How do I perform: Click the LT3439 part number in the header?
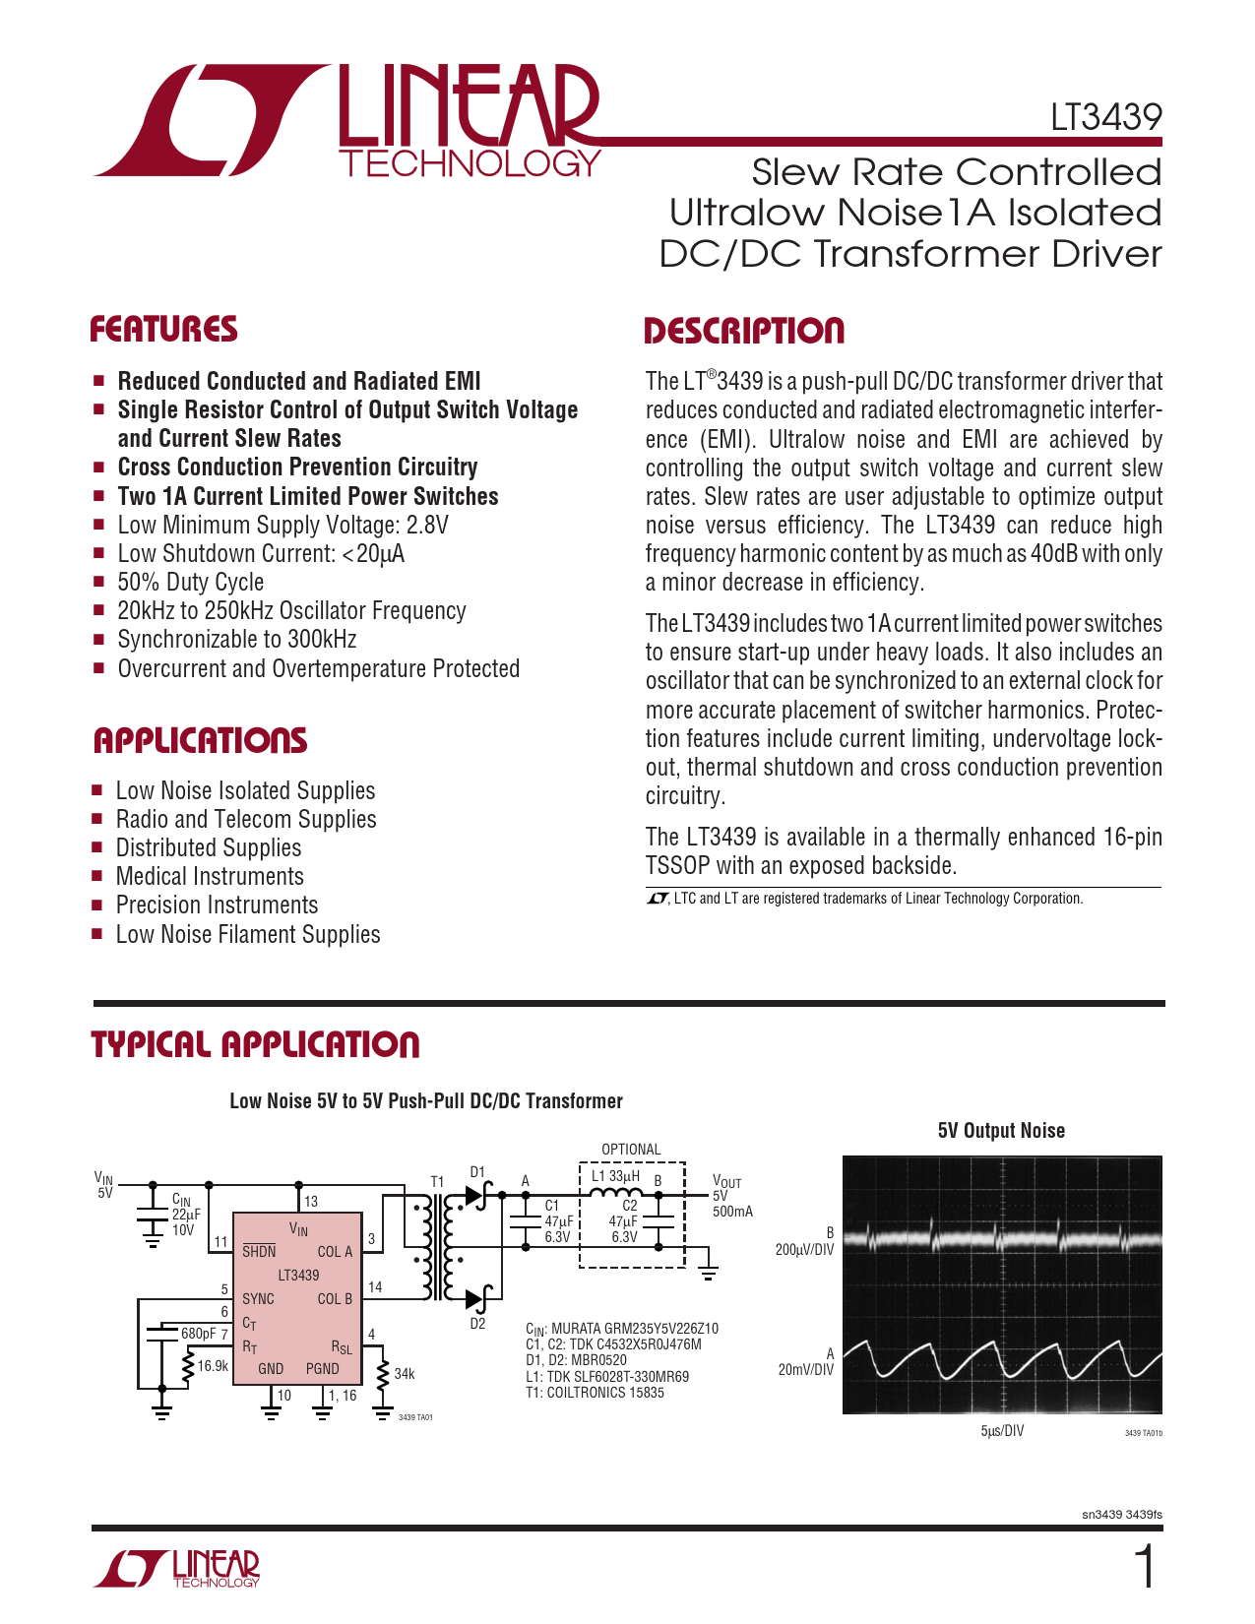click(x=1105, y=117)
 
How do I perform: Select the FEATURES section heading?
click(x=163, y=329)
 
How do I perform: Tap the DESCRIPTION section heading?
click(x=743, y=331)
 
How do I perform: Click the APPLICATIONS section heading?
click(x=200, y=740)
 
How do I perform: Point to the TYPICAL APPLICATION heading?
click(x=255, y=1044)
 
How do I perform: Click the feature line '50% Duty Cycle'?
click(x=190, y=582)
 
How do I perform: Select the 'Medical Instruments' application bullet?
click(x=210, y=876)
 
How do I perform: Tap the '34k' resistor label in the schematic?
click(x=404, y=1374)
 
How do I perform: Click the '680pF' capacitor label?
click(x=198, y=1334)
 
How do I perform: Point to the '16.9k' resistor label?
click(x=213, y=1366)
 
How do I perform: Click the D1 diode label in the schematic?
click(x=477, y=1172)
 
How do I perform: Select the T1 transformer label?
click(x=437, y=1181)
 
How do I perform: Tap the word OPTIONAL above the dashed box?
click(x=631, y=1150)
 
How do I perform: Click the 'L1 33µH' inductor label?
click(x=615, y=1176)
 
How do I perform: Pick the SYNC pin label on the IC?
click(x=258, y=1299)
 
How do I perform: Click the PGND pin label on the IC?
click(x=322, y=1368)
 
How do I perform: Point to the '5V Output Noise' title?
click(x=1001, y=1131)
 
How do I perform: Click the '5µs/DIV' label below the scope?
click(x=1002, y=1431)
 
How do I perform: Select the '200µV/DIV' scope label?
click(x=804, y=1250)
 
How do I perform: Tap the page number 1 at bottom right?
click(x=1145, y=1567)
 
